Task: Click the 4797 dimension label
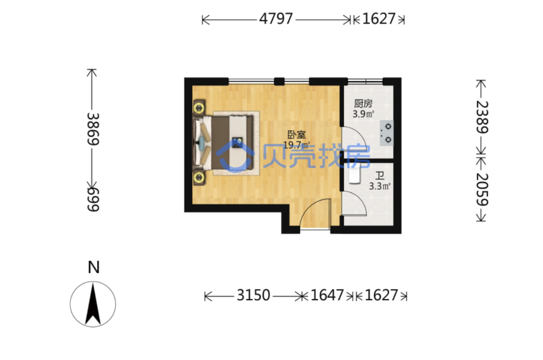click(x=276, y=19)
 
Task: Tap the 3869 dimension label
click(x=93, y=129)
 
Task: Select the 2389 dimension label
click(x=482, y=117)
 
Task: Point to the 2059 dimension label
click(x=482, y=189)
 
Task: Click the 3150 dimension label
click(x=253, y=295)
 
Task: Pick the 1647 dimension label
click(x=327, y=295)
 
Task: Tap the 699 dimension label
click(x=93, y=200)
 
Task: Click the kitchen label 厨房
click(x=363, y=104)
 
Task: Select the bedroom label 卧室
click(x=297, y=135)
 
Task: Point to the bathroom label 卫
click(x=380, y=176)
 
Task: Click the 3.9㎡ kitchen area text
click(x=363, y=114)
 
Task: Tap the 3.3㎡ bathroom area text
click(x=380, y=186)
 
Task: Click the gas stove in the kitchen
click(x=387, y=133)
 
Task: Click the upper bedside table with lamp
click(x=199, y=108)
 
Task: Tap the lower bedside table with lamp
click(x=199, y=178)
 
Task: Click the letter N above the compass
click(x=93, y=268)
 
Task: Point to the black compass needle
click(x=93, y=304)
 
